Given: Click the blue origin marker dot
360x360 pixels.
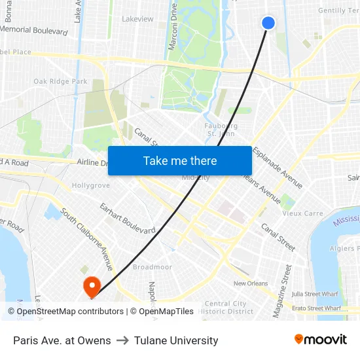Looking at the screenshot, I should coord(268,23).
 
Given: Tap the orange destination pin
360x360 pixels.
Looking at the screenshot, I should coord(90,285).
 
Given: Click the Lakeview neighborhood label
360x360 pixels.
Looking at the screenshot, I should coord(137,19).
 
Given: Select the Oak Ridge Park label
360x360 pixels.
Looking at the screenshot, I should coord(61,82).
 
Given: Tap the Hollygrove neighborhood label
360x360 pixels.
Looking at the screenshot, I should coord(90,186).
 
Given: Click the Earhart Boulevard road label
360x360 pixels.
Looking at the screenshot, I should coord(127,219).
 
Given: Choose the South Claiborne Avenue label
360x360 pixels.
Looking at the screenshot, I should coord(86,239).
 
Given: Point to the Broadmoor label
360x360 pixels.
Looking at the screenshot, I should coord(152,267).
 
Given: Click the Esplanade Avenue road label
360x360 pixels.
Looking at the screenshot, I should coord(278,168).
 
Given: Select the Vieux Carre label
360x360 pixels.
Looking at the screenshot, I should coord(302,213).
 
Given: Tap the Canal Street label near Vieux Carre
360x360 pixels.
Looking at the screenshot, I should coord(278,236).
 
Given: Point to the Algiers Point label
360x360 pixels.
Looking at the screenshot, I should coord(344,249).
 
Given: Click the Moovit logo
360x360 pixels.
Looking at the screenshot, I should coord(320,340).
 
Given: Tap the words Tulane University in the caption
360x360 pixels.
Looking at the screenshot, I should coord(176,340).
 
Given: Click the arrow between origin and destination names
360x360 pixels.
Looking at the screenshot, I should coord(122,340).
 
